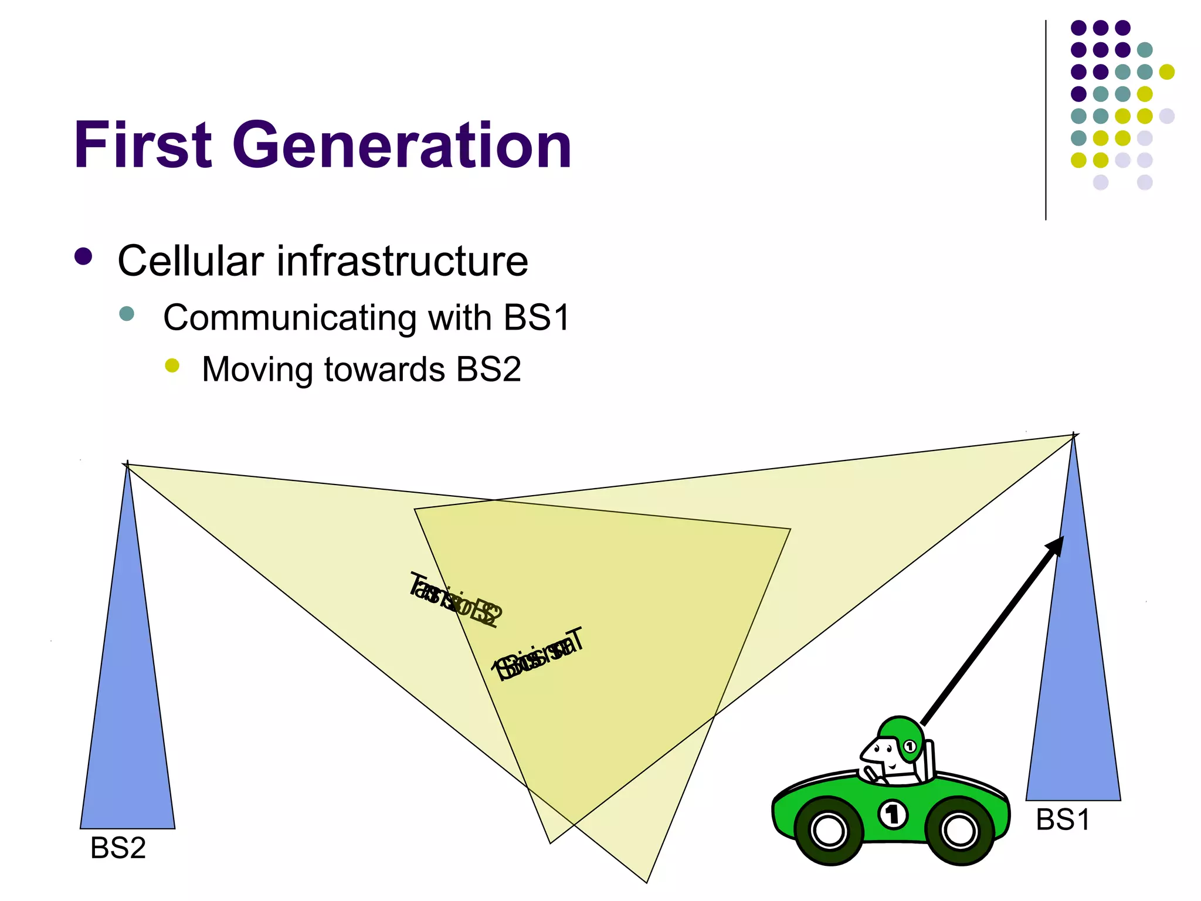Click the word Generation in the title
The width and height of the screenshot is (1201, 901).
(x=402, y=145)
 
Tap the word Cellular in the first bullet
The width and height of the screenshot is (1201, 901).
(x=191, y=261)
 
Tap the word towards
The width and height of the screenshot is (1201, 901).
(x=385, y=370)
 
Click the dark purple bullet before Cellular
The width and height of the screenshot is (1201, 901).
(x=83, y=257)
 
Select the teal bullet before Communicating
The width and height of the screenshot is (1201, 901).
(x=127, y=313)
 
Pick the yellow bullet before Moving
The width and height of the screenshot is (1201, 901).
(x=172, y=365)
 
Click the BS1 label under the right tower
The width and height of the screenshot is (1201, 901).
(x=1063, y=819)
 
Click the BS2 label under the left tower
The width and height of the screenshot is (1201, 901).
(x=118, y=848)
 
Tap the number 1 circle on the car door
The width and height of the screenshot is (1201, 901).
(x=893, y=814)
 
